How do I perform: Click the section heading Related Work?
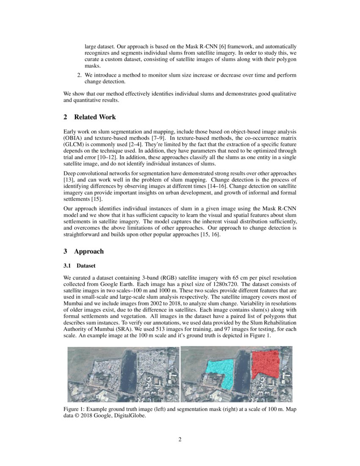94,117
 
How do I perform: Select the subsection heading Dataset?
86,266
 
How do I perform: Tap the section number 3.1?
67,266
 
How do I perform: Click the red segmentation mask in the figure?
265,363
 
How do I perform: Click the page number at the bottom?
180,439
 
